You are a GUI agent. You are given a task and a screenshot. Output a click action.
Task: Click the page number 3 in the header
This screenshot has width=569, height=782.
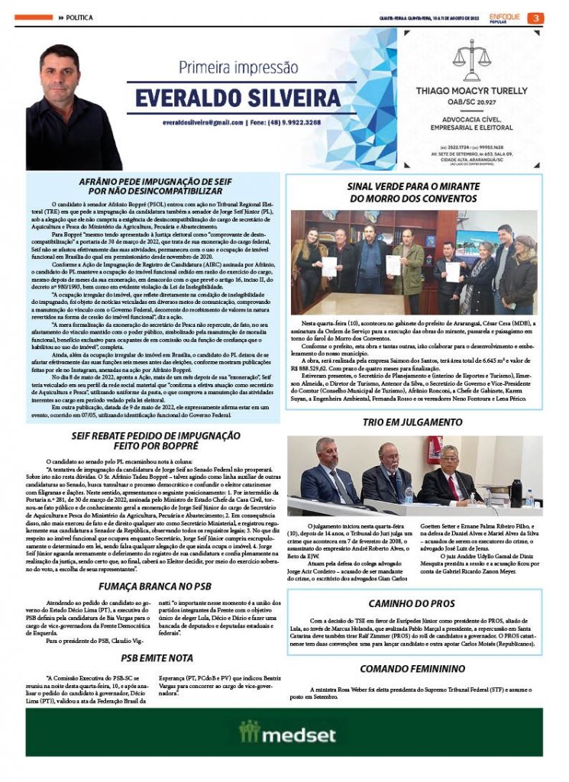pos(537,18)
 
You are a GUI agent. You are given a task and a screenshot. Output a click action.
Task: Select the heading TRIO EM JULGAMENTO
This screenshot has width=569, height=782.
pos(414,422)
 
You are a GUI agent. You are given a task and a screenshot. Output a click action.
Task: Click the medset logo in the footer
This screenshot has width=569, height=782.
pos(286,735)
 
